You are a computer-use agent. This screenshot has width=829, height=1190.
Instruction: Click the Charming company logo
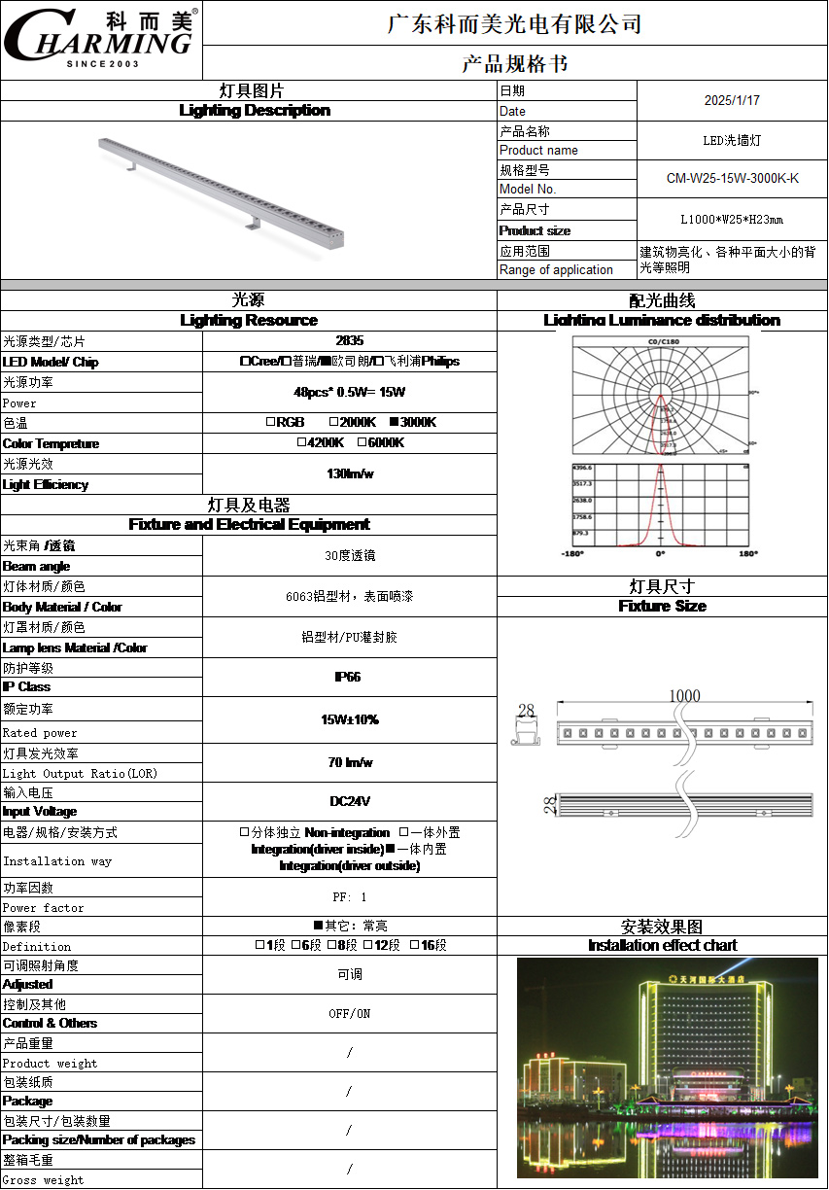click(x=101, y=39)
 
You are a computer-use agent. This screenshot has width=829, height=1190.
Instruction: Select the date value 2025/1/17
click(x=732, y=100)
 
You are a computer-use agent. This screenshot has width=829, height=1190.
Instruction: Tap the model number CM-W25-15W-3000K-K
click(x=732, y=178)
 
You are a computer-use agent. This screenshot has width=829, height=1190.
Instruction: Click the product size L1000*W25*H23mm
click(x=732, y=219)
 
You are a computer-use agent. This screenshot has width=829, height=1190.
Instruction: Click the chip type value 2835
click(x=349, y=341)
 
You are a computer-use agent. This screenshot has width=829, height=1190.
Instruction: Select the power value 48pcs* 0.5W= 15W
click(x=349, y=393)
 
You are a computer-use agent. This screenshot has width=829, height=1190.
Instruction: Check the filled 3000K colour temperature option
click(x=395, y=423)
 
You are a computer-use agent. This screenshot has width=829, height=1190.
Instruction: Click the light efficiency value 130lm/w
click(x=349, y=473)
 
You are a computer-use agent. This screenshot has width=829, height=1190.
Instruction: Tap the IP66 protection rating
click(x=349, y=677)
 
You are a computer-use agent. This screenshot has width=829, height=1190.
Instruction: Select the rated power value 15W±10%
click(x=349, y=719)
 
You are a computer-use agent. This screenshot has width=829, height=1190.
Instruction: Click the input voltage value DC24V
click(x=350, y=802)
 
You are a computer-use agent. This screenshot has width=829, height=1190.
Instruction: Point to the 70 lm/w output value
click(x=350, y=762)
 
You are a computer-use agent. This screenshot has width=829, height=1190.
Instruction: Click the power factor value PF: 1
click(x=350, y=897)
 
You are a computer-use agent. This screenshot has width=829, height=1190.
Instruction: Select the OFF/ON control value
click(x=350, y=1014)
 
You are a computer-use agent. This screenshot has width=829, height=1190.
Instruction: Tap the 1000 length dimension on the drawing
click(x=684, y=697)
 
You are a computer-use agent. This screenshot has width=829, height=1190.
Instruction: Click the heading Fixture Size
click(x=662, y=607)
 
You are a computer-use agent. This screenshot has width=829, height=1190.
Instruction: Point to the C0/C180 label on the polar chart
click(x=663, y=342)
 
